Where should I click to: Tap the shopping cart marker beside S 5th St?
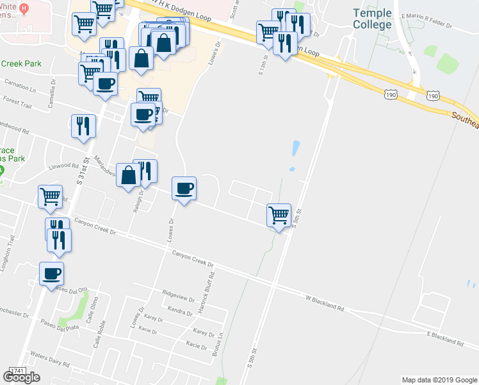(279, 214)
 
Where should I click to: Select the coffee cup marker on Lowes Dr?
(184, 189)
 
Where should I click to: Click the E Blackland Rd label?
(444, 337)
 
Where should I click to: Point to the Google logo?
(21, 377)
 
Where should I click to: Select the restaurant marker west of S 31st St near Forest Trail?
(83, 126)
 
